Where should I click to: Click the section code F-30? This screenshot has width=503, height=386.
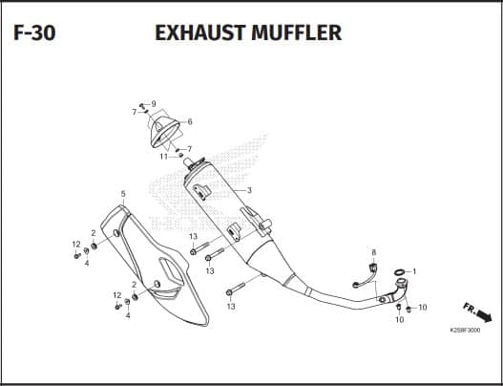tap(34, 32)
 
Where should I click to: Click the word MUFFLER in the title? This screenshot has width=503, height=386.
tap(297, 32)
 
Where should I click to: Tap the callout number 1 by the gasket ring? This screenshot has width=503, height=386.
tap(414, 271)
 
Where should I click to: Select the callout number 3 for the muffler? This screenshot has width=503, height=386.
tap(249, 190)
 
